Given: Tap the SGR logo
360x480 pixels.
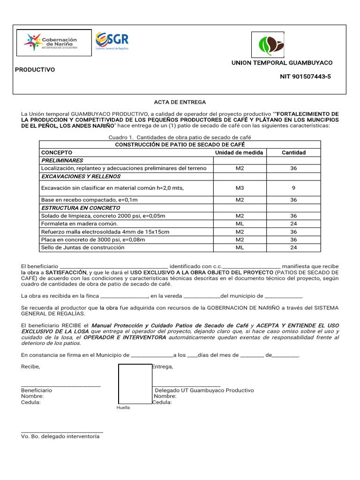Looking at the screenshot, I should pos(112,41).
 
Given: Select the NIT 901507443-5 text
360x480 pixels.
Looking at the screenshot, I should pos(305,76).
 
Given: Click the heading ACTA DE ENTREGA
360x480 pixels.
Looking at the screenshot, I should pos(180,102).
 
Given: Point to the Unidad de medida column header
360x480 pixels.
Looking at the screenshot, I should pos(239,152).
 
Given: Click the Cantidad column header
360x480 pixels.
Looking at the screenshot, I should pos(293,152).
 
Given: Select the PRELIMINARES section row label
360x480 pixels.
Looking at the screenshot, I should pos(62,160).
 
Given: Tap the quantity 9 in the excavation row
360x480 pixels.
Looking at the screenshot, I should pos(293,188).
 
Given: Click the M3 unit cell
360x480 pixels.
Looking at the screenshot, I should pos(240,188).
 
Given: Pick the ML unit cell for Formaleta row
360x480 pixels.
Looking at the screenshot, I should pos(240,224).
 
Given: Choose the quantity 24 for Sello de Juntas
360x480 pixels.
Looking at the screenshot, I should pos(293,247).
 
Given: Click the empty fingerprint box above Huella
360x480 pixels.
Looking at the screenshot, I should pos(135,383).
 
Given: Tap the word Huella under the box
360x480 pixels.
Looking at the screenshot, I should pos(123,407).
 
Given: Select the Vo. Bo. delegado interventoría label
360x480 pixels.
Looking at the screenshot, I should pos(60,436).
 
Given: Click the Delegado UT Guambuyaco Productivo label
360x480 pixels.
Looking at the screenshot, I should pos(204,390).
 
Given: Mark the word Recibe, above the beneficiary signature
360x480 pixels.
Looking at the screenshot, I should pos(30,367).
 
